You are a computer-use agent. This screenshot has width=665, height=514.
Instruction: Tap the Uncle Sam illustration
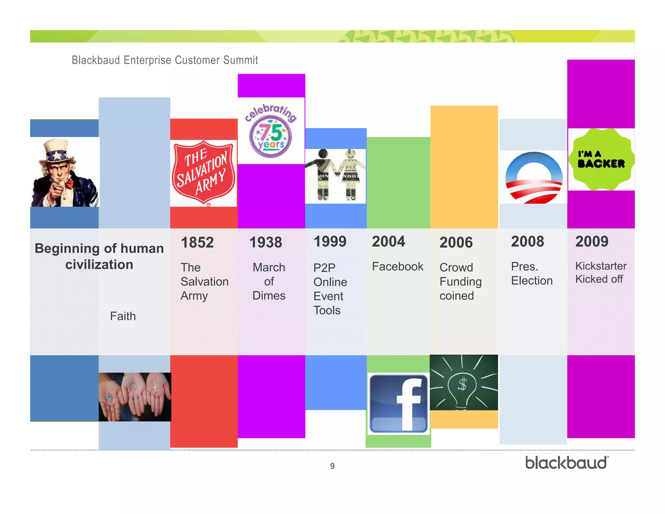pos(64,172)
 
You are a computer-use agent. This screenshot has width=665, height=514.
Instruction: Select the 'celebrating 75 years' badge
pos(271,131)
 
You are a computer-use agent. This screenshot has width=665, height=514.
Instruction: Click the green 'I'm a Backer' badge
pos(601,159)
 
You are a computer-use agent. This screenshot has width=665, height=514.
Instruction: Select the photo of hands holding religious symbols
pos(135,397)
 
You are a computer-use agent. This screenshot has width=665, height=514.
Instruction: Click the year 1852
pos(197,242)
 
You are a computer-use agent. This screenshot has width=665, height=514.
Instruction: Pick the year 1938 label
pos(266,242)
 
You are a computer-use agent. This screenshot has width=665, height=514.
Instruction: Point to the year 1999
pos(330,241)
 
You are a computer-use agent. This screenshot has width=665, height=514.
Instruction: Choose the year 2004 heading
pos(388,241)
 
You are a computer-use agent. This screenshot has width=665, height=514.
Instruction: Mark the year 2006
pos(456,242)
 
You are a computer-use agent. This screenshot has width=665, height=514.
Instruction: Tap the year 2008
pos(527,241)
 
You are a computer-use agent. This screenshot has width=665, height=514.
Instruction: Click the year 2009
pos(592,241)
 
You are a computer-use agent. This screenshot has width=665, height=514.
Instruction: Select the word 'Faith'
pos(123,316)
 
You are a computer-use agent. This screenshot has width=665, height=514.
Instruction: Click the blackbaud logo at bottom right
pos(567,463)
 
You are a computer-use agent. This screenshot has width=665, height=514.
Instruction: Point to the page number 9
pos(332,466)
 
